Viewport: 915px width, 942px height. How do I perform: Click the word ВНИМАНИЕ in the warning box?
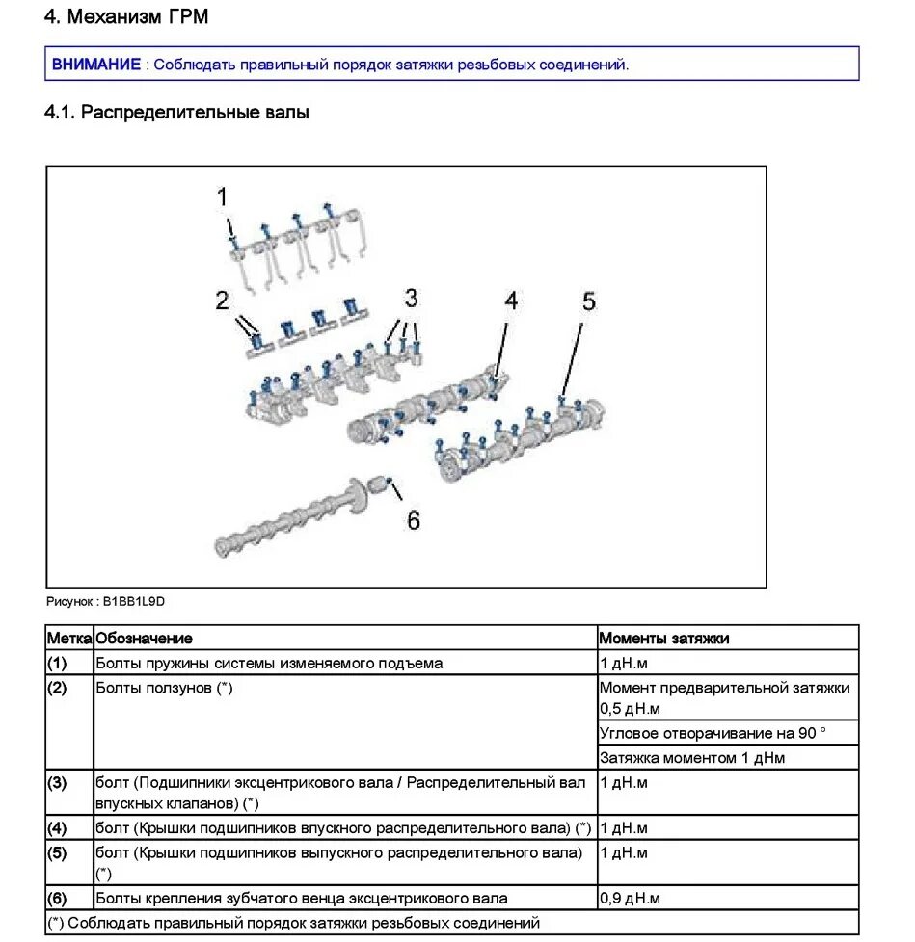pyautogui.click(x=96, y=65)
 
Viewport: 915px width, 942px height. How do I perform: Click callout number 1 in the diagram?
pyautogui.click(x=223, y=197)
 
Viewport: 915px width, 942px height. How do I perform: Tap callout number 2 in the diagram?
pyautogui.click(x=223, y=301)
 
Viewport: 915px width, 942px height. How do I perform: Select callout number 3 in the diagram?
pyautogui.click(x=411, y=296)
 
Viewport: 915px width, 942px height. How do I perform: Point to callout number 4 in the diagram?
pyautogui.click(x=510, y=301)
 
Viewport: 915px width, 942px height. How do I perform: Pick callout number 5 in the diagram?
pyautogui.click(x=588, y=301)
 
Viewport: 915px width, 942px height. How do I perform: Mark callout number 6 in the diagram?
pyautogui.click(x=414, y=520)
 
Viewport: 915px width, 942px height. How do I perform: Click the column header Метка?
pyautogui.click(x=69, y=638)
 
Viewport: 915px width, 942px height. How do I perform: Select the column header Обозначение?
pyautogui.click(x=144, y=638)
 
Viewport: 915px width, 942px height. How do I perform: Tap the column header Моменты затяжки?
pyautogui.click(x=664, y=638)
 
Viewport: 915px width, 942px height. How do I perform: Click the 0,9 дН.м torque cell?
pyautogui.click(x=630, y=899)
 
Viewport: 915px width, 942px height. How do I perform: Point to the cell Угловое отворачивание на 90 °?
pyautogui.click(x=713, y=733)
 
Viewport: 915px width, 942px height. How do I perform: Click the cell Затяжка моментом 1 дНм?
pyautogui.click(x=691, y=758)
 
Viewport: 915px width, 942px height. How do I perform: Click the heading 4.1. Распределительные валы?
pyautogui.click(x=176, y=113)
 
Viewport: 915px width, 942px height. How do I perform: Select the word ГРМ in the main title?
pyautogui.click(x=187, y=17)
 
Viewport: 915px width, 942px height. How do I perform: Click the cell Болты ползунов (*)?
pyautogui.click(x=164, y=688)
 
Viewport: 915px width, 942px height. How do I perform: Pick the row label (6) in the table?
pyautogui.click(x=57, y=899)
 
